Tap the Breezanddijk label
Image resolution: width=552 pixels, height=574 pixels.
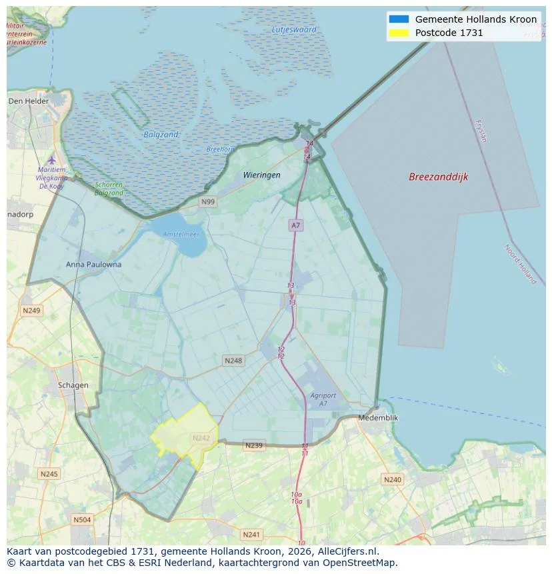pos(438,177)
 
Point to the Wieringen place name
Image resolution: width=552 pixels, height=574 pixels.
pos(261,175)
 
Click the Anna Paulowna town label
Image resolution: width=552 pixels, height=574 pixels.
pos(94,264)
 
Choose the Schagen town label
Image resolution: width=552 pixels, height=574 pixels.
pos(73,385)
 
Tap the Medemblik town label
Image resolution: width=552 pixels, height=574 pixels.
pos(378,417)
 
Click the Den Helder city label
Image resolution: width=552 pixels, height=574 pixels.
pos(29,101)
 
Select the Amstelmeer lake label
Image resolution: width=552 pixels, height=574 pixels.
pos(181,235)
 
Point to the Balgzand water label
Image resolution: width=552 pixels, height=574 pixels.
pos(161,135)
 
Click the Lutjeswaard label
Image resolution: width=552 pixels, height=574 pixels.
pos(294,29)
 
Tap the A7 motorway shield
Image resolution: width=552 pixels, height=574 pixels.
pos(295,225)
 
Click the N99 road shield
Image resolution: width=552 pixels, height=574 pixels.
pos(208,201)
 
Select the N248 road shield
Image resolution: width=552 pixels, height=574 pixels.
pos(233,361)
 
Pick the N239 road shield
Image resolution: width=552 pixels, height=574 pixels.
pos(254,445)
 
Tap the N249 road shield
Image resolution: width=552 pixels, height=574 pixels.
pos(31,311)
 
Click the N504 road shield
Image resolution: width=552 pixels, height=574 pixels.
pos(82,519)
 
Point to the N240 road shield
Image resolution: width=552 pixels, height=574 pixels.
pos(393,479)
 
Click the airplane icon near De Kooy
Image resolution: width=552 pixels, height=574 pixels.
pos(52,159)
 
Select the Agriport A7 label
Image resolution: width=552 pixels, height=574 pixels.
pos(323,399)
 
